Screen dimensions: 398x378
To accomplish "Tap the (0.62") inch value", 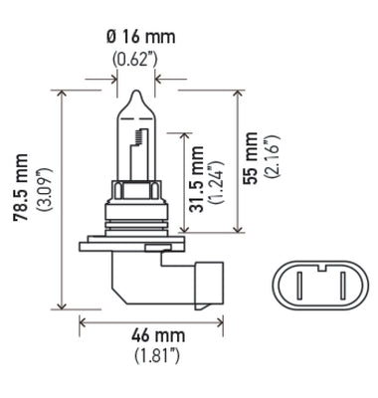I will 134,58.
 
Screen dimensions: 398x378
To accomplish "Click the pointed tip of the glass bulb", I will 134,92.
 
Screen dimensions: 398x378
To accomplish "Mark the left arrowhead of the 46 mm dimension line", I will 84,320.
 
